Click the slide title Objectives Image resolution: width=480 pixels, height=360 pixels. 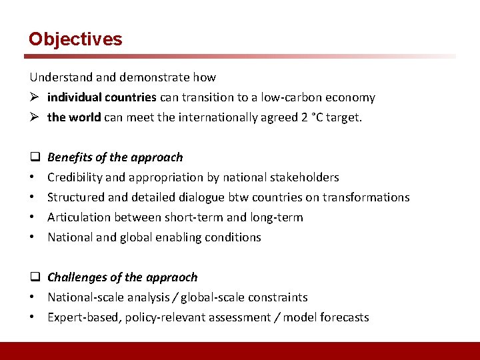[x=75, y=39]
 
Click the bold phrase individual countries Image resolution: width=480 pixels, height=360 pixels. [x=101, y=97]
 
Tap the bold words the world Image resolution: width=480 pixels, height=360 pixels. [x=74, y=117]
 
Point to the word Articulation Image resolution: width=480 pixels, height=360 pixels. [x=79, y=217]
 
